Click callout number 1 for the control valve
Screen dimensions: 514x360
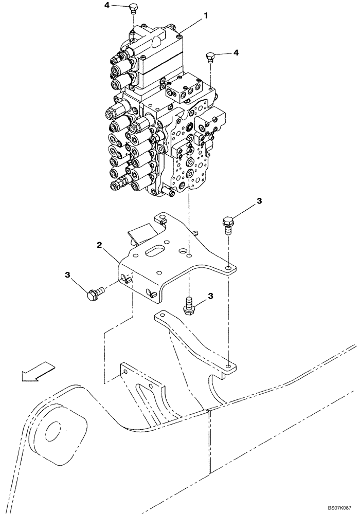point(206,16)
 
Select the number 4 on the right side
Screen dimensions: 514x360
point(236,52)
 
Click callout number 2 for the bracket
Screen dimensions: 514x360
point(98,246)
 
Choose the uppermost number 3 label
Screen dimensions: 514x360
point(260,200)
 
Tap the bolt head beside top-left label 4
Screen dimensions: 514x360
point(133,8)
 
